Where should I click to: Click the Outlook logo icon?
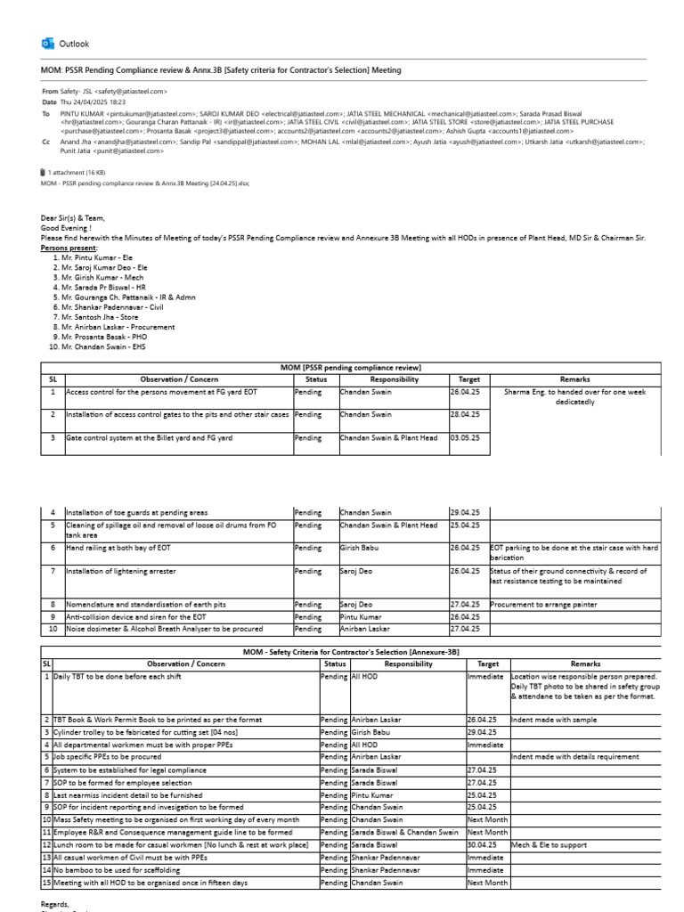(48, 44)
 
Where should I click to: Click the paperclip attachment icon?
(45, 172)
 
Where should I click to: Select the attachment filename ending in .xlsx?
(145, 183)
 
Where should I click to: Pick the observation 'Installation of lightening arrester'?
(121, 571)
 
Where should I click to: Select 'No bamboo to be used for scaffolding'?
(117, 870)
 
